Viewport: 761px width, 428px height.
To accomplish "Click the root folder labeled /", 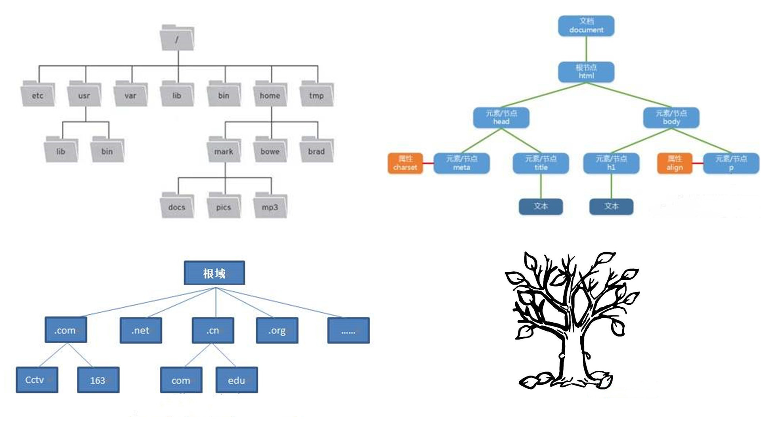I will [x=177, y=38].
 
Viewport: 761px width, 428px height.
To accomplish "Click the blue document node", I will [x=586, y=26].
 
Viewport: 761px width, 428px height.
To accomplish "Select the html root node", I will [x=586, y=72].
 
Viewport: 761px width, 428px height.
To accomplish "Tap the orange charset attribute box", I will [x=405, y=163].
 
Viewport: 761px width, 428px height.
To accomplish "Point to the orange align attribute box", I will [x=675, y=163].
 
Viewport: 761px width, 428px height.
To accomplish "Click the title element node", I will [x=541, y=163].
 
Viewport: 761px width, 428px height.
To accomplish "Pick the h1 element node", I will [x=611, y=163].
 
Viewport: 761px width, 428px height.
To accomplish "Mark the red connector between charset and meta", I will [x=428, y=163].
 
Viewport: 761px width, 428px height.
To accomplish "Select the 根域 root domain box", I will [x=214, y=273].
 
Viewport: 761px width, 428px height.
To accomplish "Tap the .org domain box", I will [x=277, y=330].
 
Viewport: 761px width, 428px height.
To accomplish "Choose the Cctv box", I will [x=37, y=380].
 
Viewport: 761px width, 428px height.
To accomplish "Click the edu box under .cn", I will [x=237, y=380].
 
